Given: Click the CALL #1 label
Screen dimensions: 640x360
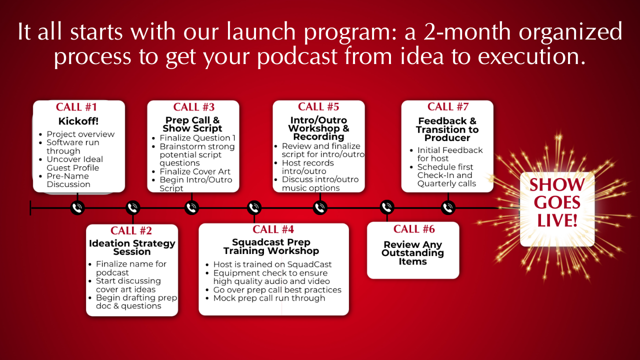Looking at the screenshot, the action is [x=76, y=107].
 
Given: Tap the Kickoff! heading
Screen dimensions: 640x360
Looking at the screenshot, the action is [x=78, y=121].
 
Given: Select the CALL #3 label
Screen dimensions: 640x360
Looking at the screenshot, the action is [x=193, y=107].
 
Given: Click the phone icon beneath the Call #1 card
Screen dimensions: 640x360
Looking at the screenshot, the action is [x=77, y=207].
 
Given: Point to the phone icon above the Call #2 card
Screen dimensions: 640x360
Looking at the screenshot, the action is [x=133, y=207].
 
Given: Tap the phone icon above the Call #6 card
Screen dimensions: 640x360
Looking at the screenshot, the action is [x=387, y=207].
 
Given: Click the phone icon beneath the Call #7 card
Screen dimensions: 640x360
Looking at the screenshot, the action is [x=448, y=207].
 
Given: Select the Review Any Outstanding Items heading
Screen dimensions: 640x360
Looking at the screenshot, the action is [x=413, y=253].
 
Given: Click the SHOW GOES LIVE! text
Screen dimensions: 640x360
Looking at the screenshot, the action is [x=557, y=202].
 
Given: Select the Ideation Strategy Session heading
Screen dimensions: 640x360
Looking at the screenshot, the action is [x=132, y=247].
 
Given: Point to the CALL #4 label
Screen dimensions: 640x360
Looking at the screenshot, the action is [x=273, y=229].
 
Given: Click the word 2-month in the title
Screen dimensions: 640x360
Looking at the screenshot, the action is [x=467, y=31].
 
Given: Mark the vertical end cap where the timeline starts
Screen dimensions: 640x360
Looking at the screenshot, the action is [x=30, y=207].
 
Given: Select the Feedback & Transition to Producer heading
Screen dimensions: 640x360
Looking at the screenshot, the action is [x=447, y=129].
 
